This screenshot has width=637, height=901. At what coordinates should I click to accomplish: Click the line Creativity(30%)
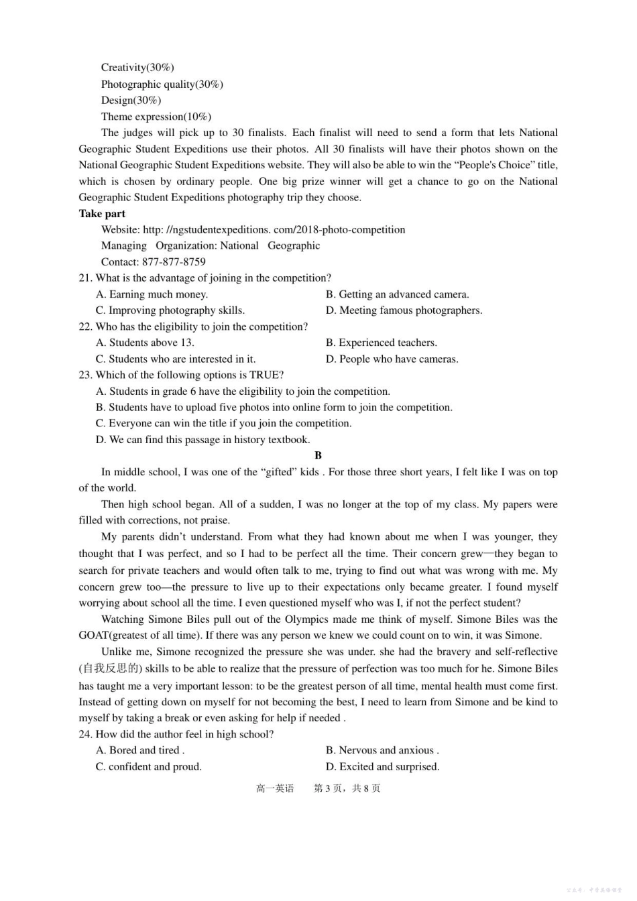click(137, 67)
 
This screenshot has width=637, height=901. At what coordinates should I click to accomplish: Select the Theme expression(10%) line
click(156, 116)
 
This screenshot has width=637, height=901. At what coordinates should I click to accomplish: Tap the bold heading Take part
click(102, 213)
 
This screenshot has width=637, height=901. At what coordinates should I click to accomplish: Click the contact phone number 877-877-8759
click(174, 261)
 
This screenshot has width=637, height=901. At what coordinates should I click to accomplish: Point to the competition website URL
click(274, 229)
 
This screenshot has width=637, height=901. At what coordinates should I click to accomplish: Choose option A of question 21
click(152, 294)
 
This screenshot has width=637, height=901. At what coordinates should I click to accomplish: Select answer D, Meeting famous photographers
click(404, 310)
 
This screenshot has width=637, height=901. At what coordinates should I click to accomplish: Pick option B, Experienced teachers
click(381, 342)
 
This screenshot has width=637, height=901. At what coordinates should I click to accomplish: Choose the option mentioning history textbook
click(202, 439)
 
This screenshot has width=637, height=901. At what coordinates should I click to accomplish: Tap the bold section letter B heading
click(318, 455)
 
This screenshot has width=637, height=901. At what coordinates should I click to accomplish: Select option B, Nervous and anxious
click(382, 750)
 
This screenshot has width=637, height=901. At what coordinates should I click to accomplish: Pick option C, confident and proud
click(148, 766)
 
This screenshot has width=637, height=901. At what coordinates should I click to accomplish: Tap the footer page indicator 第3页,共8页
click(347, 788)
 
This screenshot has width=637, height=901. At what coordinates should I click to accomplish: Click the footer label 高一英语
click(275, 788)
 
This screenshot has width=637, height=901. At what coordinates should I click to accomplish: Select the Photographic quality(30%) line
click(162, 84)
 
